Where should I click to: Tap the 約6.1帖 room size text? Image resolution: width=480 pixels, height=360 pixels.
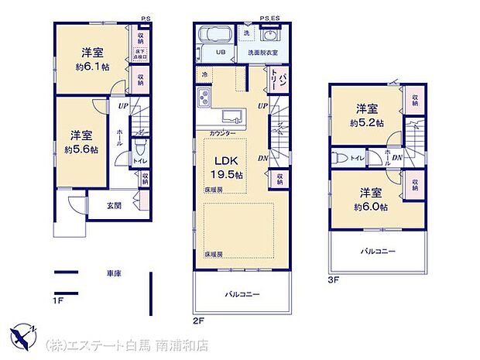[92, 66]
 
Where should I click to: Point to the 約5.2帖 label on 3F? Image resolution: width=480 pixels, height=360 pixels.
[367, 122]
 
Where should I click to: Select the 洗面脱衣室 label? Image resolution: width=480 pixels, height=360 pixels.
[262, 53]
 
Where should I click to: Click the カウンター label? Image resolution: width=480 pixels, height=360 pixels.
[224, 133]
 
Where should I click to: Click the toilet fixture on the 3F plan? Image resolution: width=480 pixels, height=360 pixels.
[341, 157]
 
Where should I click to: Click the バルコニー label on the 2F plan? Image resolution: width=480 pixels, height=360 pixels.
[242, 294]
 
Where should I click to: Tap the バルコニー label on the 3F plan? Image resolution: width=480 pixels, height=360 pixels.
[377, 252]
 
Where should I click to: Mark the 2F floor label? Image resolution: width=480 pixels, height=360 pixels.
[199, 318]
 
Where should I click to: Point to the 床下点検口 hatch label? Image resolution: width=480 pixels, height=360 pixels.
[141, 53]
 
